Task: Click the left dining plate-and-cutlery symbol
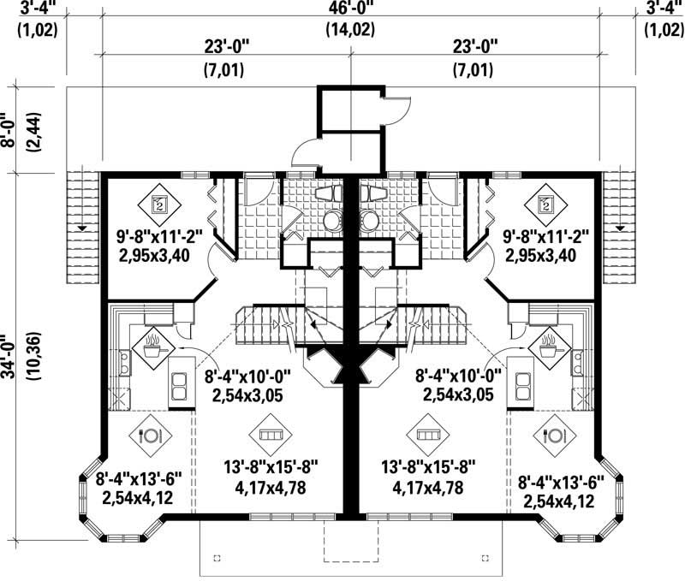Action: point(151,435)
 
